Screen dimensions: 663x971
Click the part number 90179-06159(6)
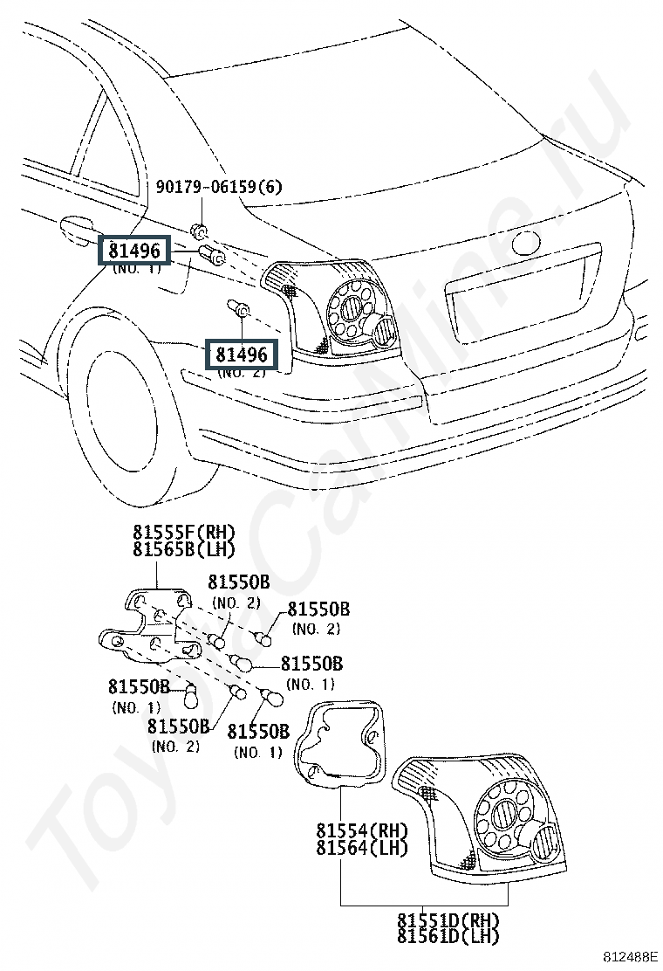218,186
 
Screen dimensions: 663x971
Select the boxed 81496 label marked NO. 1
134,251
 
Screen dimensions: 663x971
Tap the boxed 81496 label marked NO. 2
241,355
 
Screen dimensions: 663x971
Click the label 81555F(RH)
184,532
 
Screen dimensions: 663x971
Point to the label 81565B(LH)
184,549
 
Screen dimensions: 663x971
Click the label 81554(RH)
362,830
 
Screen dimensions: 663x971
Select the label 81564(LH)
362,847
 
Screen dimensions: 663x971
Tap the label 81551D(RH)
448,919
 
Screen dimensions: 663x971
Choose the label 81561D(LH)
448,936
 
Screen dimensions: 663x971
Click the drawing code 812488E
632,957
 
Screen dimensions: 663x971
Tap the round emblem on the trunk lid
526,242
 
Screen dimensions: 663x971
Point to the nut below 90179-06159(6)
199,231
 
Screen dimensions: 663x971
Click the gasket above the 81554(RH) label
339,743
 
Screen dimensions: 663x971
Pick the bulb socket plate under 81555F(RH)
152,625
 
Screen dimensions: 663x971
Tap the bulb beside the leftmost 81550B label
190,694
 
